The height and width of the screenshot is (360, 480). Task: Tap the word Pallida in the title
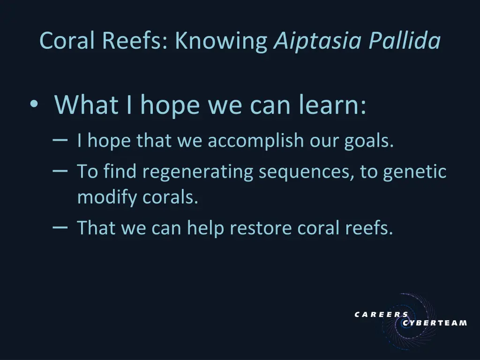click(x=405, y=41)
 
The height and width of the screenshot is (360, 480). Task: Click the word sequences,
click(x=307, y=172)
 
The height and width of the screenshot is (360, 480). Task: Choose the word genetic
click(x=415, y=172)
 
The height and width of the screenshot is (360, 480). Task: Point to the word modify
click(x=107, y=197)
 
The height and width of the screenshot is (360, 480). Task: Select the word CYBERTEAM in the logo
click(x=435, y=323)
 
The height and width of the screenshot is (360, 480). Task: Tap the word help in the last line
click(x=206, y=228)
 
